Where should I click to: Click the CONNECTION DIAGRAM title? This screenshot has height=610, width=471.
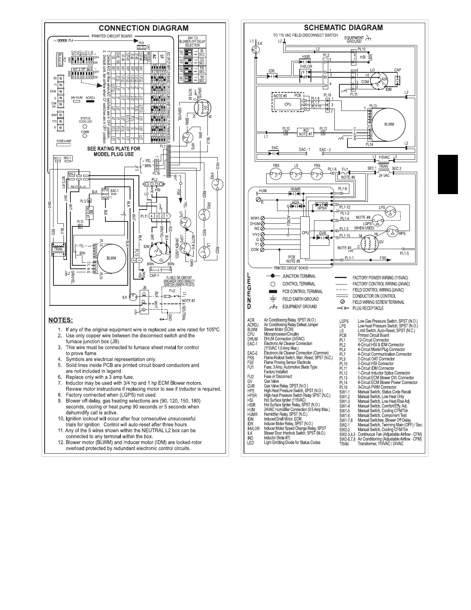[x=144, y=28]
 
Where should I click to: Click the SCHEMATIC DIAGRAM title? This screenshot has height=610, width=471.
[x=343, y=27]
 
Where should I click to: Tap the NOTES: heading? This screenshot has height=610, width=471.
[x=60, y=320]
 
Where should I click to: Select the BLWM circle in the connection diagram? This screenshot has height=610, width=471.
[x=109, y=258]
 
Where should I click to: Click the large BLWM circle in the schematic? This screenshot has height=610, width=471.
[x=388, y=124]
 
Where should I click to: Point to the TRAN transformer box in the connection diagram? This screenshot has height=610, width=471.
[x=58, y=249]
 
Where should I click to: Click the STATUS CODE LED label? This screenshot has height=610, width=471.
[x=85, y=120]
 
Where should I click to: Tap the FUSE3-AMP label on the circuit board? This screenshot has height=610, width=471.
[x=64, y=141]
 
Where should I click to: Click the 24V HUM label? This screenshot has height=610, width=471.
[x=77, y=97]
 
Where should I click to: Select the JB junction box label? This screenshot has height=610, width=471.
[x=145, y=288]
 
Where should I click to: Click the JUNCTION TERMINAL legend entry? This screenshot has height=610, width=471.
[x=299, y=276]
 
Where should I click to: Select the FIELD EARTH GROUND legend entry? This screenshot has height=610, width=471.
[x=300, y=299]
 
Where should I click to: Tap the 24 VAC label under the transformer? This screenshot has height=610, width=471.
[x=383, y=175]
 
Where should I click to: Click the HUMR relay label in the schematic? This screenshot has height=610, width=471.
[x=296, y=189]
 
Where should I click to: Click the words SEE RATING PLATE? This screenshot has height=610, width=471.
[x=114, y=149]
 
